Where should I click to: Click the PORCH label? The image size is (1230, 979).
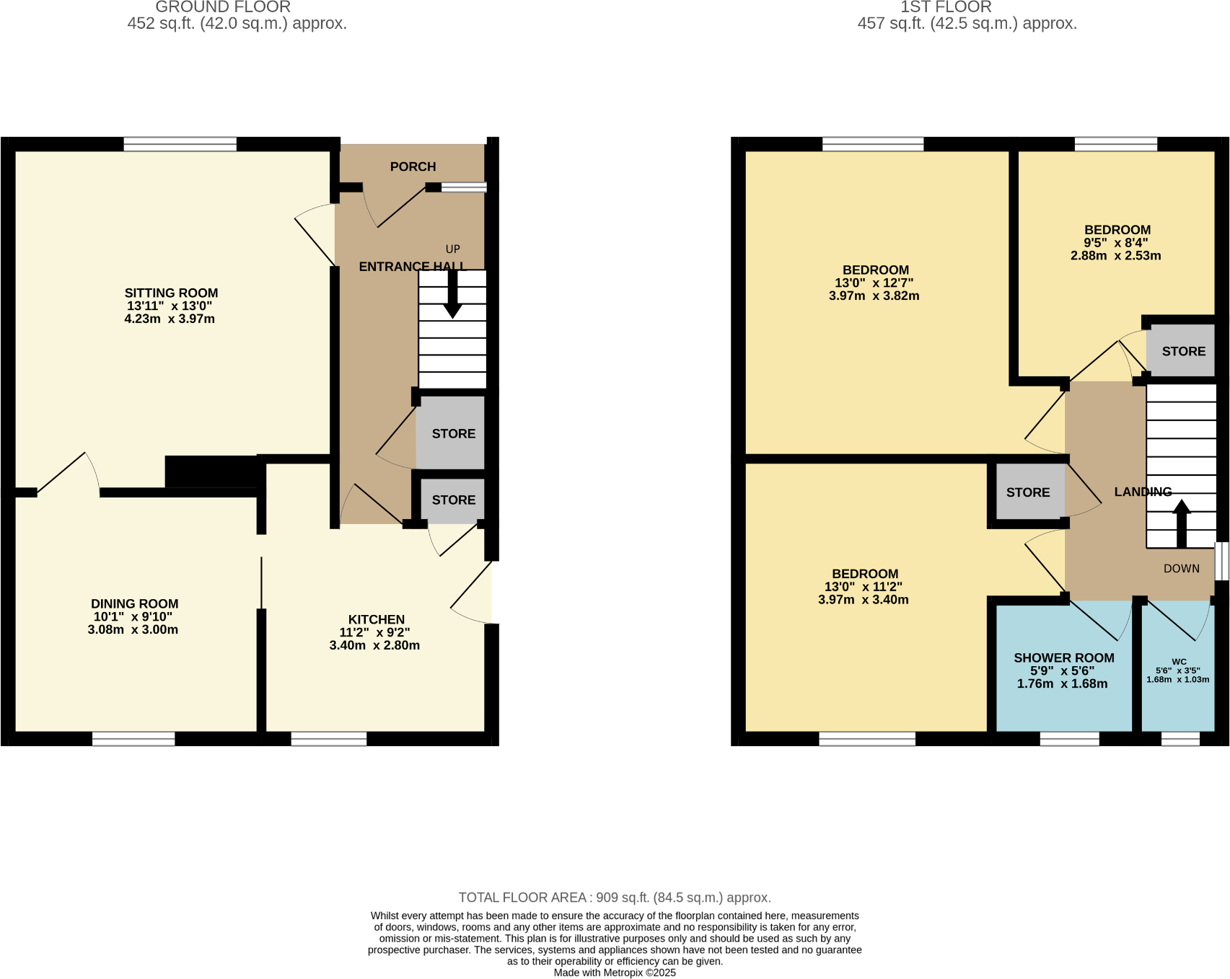pyautogui.click(x=413, y=167)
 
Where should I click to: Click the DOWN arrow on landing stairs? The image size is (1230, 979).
pyautogui.click(x=1181, y=523)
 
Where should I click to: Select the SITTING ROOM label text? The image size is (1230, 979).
pyautogui.click(x=171, y=293)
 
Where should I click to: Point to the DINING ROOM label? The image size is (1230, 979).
pyautogui.click(x=134, y=604)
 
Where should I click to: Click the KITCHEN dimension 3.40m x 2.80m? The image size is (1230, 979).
pyautogui.click(x=374, y=645)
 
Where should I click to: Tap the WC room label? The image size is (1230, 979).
pyautogui.click(x=1179, y=662)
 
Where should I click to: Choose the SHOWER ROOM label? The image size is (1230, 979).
pyautogui.click(x=1063, y=658)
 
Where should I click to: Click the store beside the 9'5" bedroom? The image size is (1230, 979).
pyautogui.click(x=1183, y=352)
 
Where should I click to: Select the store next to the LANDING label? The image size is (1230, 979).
pyautogui.click(x=1027, y=492)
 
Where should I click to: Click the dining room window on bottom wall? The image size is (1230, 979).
pyautogui.click(x=133, y=739)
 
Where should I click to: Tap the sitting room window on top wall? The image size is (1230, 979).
pyautogui.click(x=180, y=144)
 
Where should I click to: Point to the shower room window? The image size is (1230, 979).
pyautogui.click(x=1069, y=739)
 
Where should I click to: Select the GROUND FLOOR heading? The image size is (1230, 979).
pyautogui.click(x=223, y=7)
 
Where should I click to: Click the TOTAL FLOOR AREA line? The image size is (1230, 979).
pyautogui.click(x=615, y=898)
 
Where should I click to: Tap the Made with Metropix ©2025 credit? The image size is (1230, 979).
pyautogui.click(x=615, y=973)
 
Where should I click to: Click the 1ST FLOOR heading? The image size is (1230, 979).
pyautogui.click(x=946, y=7)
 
